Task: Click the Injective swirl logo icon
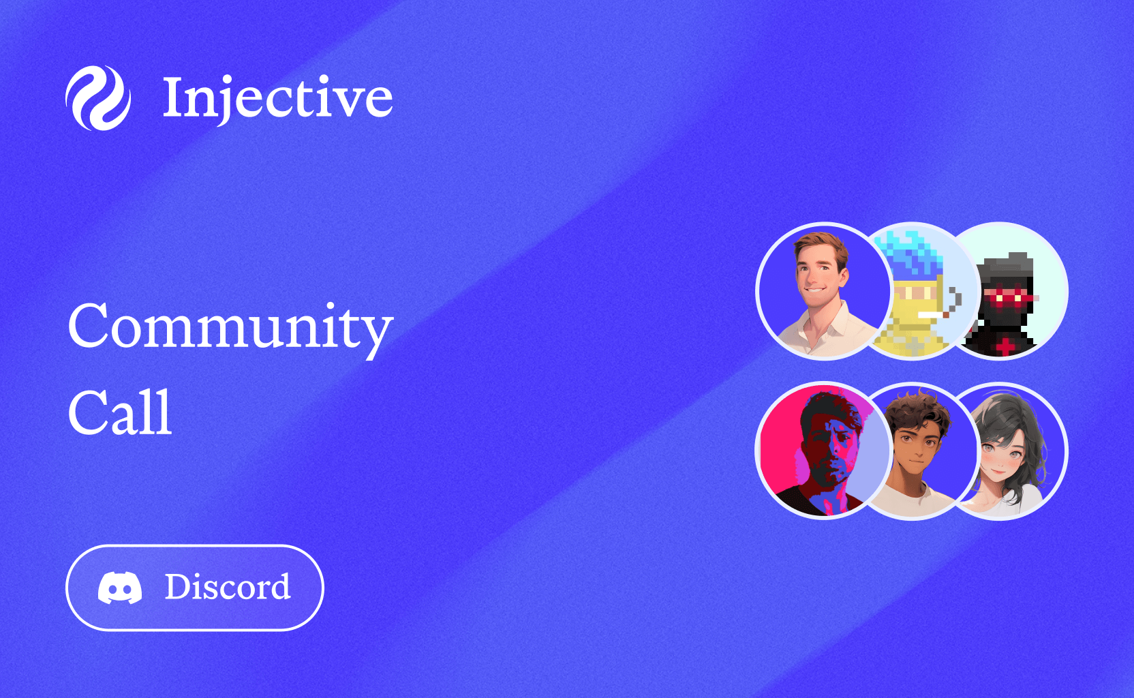(98, 98)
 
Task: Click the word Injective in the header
(277, 98)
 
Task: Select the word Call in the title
(120, 413)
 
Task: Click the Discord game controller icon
(120, 588)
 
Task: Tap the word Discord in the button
(228, 588)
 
